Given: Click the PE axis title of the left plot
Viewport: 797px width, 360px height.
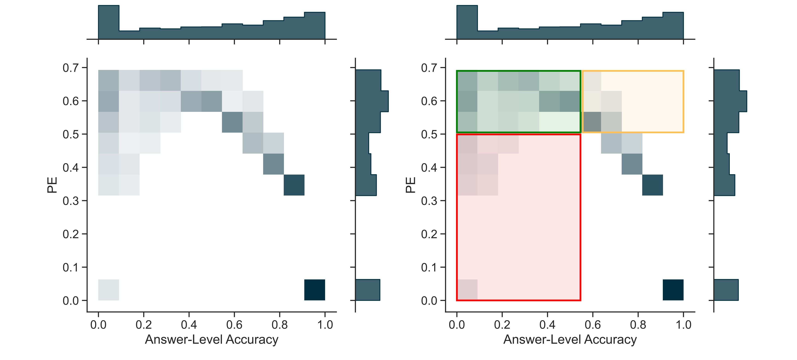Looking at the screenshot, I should [x=52, y=185].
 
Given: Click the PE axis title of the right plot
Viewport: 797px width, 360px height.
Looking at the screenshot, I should [x=411, y=185].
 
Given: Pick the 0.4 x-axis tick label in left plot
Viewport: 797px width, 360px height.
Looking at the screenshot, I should [x=189, y=325].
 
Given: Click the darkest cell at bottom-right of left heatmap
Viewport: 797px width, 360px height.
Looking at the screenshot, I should [x=315, y=290].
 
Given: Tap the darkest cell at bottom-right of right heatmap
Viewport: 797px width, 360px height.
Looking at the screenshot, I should [x=673, y=290].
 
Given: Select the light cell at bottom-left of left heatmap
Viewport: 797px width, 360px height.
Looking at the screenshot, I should [x=109, y=290].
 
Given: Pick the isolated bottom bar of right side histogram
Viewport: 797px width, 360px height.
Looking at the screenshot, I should [x=726, y=290].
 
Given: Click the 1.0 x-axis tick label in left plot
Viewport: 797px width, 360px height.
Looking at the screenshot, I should [x=325, y=325].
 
